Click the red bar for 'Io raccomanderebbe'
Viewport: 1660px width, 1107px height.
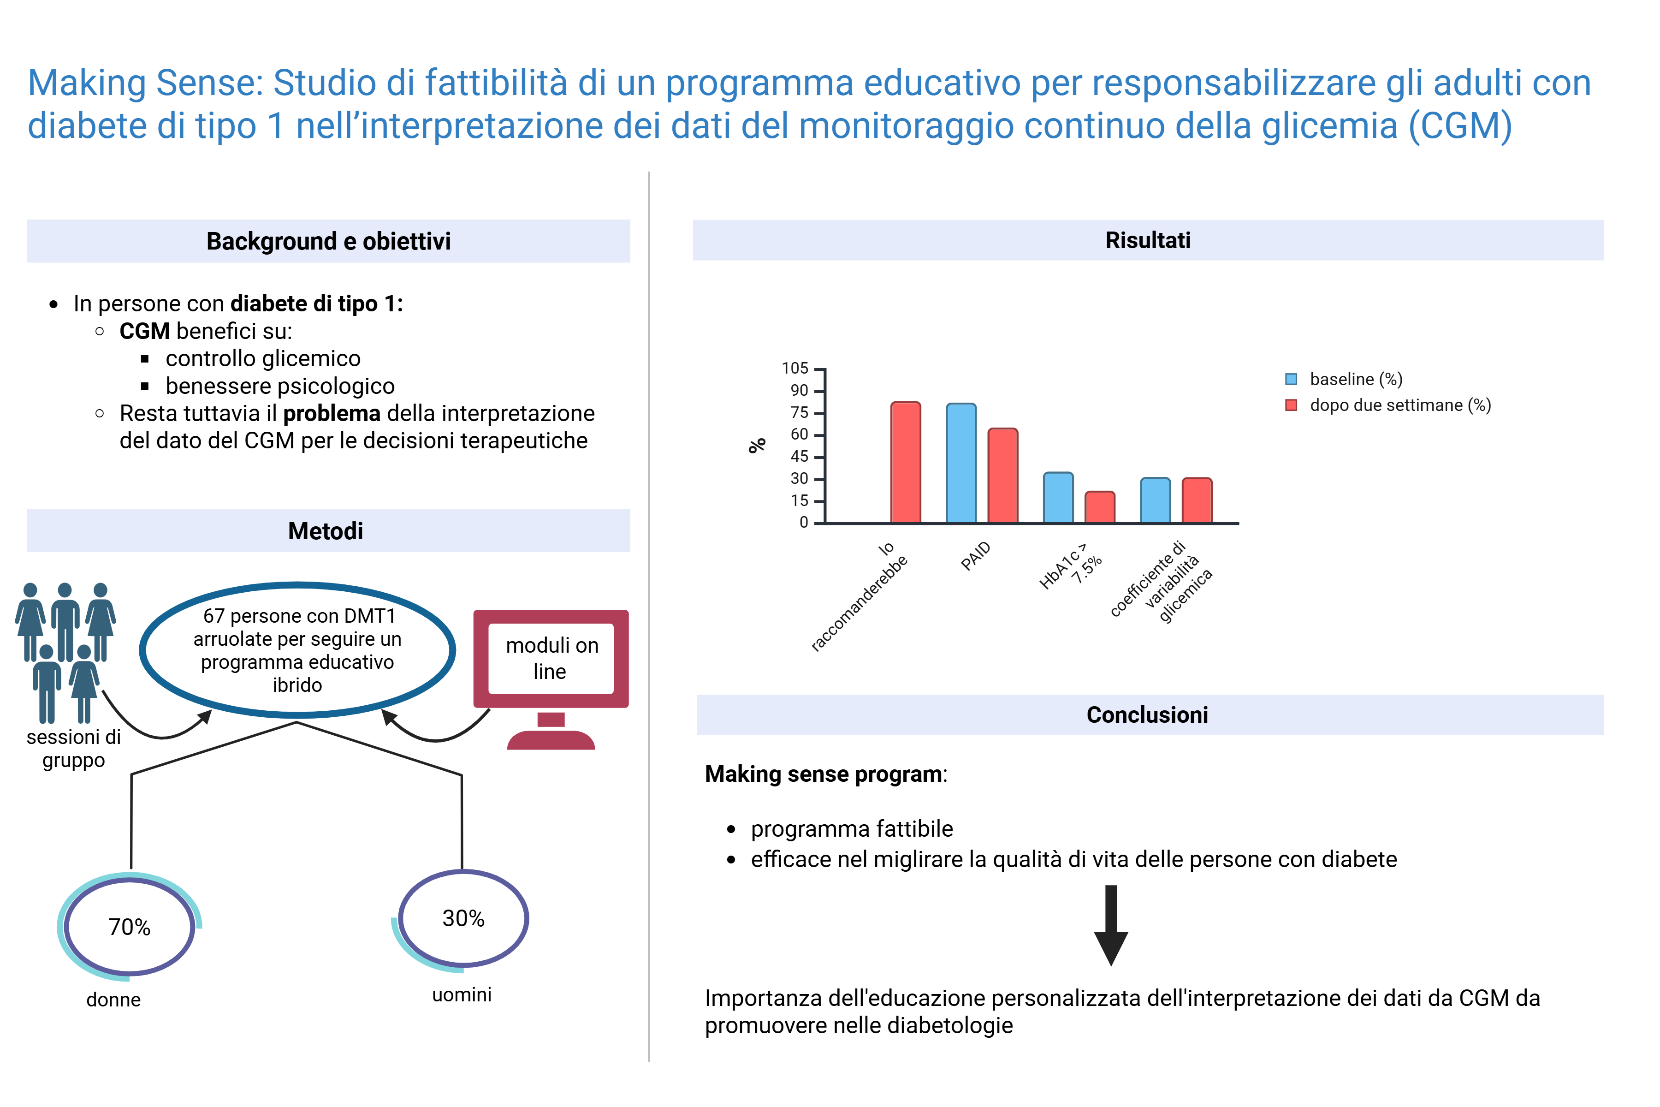906,463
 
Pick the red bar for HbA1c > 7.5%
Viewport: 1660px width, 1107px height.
1100,508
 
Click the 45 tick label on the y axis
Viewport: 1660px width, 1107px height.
799,457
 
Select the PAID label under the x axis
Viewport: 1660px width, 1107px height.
976,556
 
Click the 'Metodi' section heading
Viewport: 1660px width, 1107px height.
326,531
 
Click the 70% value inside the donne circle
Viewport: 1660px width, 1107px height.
129,927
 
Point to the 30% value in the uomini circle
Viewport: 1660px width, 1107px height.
463,918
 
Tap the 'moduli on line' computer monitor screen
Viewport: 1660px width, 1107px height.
551,659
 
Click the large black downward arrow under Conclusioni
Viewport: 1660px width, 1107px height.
1111,926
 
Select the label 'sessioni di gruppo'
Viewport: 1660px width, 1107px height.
73,748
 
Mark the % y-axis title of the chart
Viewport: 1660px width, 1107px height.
757,446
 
